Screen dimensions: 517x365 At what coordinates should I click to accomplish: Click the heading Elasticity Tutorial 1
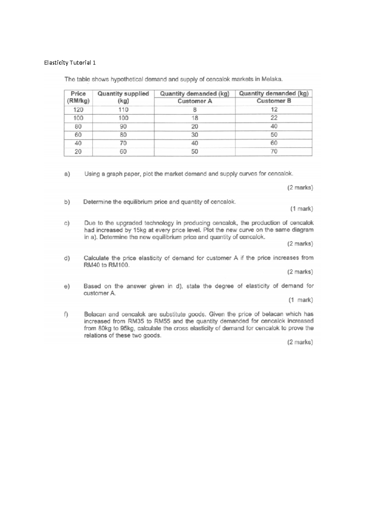click(70, 63)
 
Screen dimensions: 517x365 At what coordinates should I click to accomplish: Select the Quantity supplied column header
click(123, 97)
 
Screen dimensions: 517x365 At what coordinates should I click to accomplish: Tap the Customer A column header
click(195, 97)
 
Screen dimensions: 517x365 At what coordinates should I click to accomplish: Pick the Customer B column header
click(274, 97)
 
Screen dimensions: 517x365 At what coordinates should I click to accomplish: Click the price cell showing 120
click(78, 110)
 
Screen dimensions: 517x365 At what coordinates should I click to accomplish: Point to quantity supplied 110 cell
click(123, 110)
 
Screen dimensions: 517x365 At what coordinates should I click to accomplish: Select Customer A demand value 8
click(195, 110)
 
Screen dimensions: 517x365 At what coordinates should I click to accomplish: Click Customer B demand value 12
click(274, 110)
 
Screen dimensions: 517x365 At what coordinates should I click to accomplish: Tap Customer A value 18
click(195, 118)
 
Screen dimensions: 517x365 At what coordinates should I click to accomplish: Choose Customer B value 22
click(274, 118)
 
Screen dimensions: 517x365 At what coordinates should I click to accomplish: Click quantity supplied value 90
click(123, 126)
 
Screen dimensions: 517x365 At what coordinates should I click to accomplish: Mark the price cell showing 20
click(78, 151)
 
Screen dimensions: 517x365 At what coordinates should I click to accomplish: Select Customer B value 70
click(274, 151)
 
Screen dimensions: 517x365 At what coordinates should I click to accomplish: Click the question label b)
click(67, 202)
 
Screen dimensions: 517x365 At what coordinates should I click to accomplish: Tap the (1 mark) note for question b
click(301, 209)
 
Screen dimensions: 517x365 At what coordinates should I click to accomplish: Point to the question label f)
click(66, 314)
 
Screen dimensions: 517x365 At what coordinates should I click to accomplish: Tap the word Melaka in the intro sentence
click(273, 80)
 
